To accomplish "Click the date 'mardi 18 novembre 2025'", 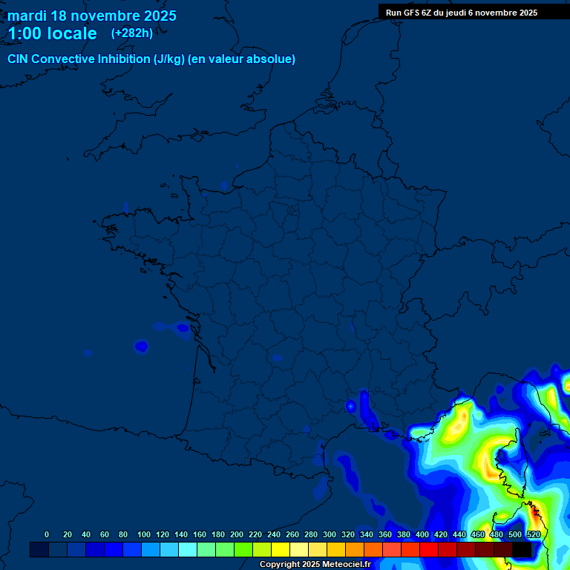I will point(92,16).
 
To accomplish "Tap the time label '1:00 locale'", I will point(52,33).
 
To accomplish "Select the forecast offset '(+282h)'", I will point(132,33).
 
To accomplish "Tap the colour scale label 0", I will point(47,534).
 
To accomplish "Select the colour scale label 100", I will point(144,534).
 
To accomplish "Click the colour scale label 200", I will point(237,534).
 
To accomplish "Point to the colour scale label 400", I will point(422,534).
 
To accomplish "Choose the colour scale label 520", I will point(533,534).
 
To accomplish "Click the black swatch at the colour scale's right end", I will point(522,550).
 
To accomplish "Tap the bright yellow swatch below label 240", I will point(281,550).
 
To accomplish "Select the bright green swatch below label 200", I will point(243,550).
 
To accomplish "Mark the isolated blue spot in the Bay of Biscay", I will point(141,346).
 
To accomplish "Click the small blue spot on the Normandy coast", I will point(225,184).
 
